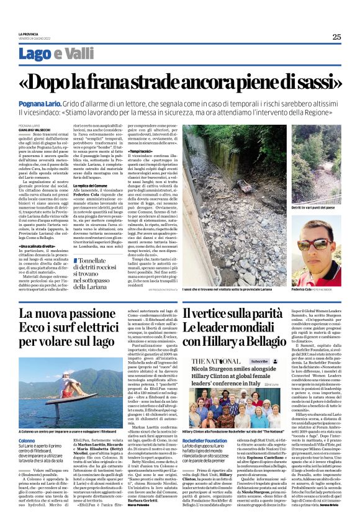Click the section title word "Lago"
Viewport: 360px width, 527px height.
coord(32,55)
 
